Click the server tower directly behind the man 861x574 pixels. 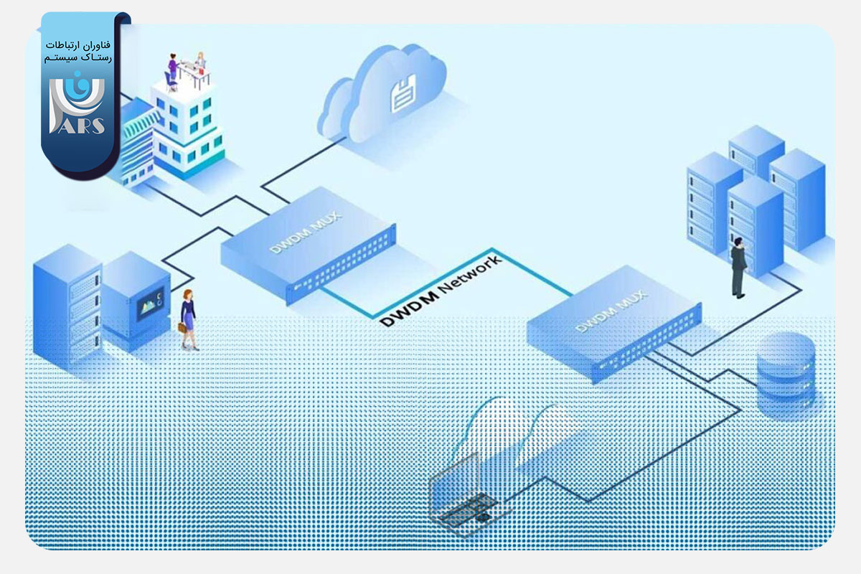point(753,222)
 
